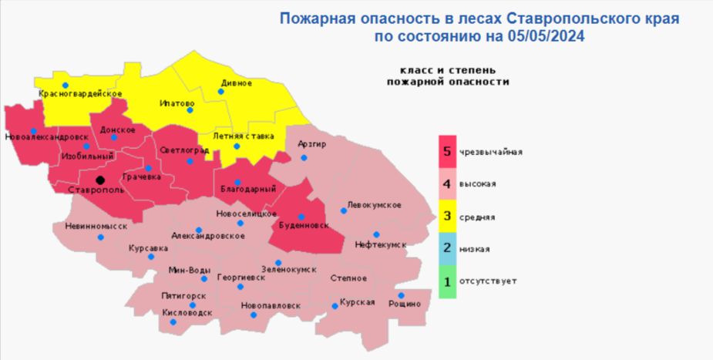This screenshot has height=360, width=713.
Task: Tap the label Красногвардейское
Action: click(x=81, y=94)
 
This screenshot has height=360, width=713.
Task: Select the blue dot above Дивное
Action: click(x=221, y=91)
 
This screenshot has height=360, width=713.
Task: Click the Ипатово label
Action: click(x=177, y=103)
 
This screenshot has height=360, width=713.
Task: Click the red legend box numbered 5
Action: click(x=447, y=151)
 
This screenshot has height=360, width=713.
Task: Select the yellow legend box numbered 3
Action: click(x=447, y=217)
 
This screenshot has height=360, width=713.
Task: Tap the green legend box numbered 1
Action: click(x=447, y=281)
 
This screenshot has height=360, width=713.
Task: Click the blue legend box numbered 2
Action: click(x=447, y=249)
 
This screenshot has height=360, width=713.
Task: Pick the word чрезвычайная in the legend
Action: click(x=491, y=152)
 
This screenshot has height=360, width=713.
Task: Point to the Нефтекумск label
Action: click(x=380, y=244)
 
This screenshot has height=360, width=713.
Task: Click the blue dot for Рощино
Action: click(x=402, y=295)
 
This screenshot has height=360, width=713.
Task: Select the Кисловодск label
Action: click(x=187, y=313)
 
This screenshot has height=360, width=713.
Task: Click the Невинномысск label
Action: click(x=90, y=227)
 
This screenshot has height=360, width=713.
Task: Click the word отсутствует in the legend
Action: click(x=487, y=281)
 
